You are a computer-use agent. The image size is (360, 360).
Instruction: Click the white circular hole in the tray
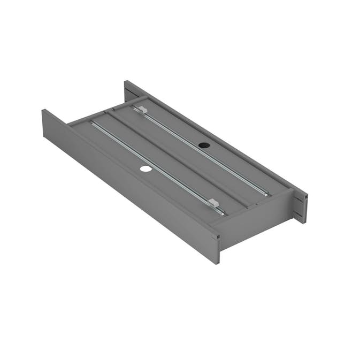tap(145, 168)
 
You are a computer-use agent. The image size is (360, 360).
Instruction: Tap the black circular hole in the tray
tap(203, 144)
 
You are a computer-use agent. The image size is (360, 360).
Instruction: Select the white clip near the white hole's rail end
tap(213, 202)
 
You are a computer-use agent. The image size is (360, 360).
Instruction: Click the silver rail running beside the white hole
tap(155, 164)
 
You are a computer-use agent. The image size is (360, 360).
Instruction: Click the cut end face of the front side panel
tap(216, 249)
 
